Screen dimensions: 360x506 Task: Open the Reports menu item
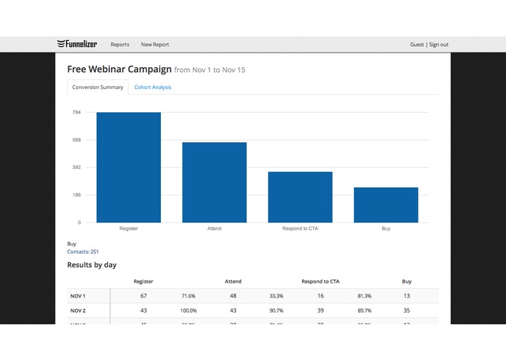click(120, 44)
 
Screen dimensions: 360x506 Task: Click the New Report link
click(155, 44)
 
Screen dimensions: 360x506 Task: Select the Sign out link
click(439, 44)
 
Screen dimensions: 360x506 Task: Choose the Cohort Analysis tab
click(153, 87)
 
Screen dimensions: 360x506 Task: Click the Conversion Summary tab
click(98, 87)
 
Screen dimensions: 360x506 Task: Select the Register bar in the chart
click(128, 168)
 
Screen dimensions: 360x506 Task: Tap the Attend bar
click(214, 182)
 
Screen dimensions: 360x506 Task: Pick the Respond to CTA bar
click(300, 197)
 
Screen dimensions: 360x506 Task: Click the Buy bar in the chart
click(386, 205)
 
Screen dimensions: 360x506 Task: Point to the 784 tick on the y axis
click(76, 112)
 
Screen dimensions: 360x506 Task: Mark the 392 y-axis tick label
click(76, 168)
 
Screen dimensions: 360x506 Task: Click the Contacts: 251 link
click(83, 251)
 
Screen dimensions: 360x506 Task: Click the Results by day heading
click(92, 265)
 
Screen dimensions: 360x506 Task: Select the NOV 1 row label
click(78, 296)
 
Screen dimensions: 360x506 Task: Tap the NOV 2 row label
click(78, 310)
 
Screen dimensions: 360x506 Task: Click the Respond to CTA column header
click(320, 281)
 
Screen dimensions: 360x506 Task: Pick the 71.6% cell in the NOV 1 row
click(188, 296)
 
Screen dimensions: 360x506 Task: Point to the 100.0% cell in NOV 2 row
click(188, 310)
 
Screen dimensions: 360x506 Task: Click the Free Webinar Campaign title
click(119, 69)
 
